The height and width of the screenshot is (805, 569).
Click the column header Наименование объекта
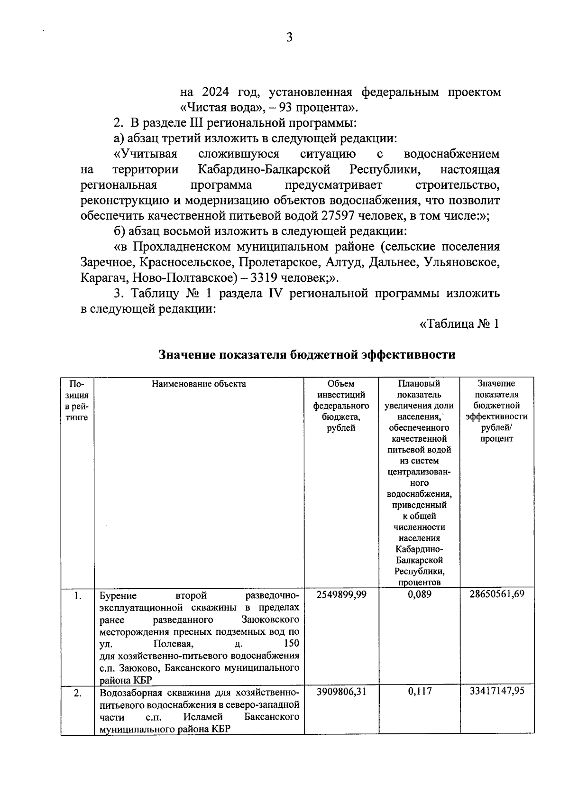[199, 384]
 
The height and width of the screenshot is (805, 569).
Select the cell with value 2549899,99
[341, 594]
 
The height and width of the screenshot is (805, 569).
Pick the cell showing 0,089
[420, 594]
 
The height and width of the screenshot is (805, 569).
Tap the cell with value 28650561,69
[497, 594]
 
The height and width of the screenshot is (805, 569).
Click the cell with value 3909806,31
[341, 692]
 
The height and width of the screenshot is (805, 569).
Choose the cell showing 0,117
[420, 692]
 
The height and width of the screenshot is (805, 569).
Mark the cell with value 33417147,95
[497, 692]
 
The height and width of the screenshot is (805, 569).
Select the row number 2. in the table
[77, 694]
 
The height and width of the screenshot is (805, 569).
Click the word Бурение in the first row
[118, 595]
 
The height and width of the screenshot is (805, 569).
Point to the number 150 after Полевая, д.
[291, 644]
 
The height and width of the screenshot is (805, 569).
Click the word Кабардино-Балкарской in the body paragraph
[264, 170]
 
